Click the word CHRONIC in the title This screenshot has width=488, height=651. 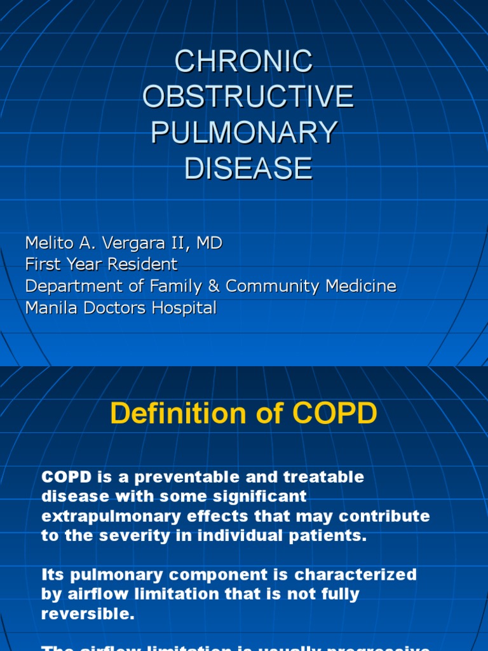[244, 62]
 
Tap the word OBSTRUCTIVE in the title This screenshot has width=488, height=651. [248, 97]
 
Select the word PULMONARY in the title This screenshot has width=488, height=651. [244, 133]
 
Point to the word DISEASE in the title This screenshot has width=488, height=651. [248, 168]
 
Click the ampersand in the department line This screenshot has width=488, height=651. [214, 286]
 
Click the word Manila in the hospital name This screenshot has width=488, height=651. [47, 308]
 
